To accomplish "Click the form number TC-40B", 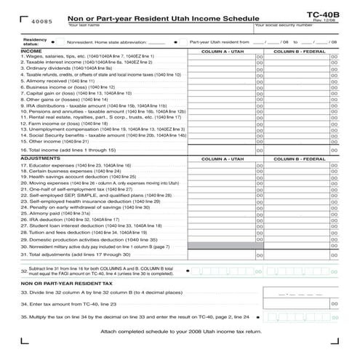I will pyautogui.click(x=323, y=12).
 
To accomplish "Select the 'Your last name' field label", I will pyautogui.click(x=84, y=25).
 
